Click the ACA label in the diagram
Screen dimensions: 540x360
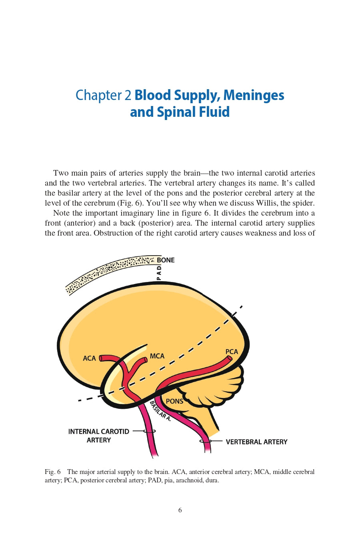[x=89, y=358]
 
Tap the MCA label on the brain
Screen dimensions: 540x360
[x=157, y=356]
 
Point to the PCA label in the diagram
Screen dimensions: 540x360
[x=232, y=352]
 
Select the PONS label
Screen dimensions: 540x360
[x=174, y=401]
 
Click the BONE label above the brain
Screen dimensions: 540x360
[x=166, y=260]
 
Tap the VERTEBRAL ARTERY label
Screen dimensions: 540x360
[x=256, y=442]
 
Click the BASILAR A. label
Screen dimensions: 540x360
[x=160, y=411]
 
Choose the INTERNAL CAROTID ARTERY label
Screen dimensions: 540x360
[x=99, y=436]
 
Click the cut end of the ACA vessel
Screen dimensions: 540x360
[x=101, y=358]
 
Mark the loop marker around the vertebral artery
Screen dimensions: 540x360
[x=205, y=441]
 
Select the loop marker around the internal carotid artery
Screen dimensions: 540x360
[x=150, y=431]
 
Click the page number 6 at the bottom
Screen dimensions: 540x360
[x=180, y=510]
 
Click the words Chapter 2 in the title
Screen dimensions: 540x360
[x=103, y=95]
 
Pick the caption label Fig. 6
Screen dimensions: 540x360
[x=52, y=472]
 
